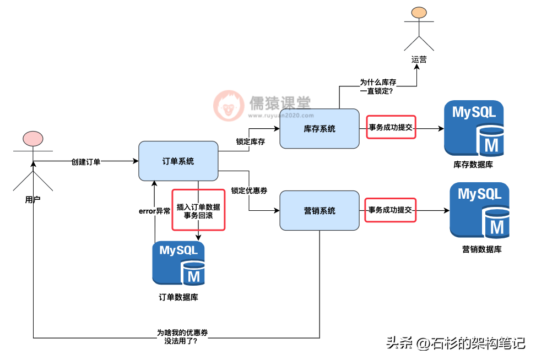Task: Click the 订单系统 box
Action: point(178,161)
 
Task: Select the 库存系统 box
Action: point(320,128)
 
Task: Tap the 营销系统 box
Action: point(320,210)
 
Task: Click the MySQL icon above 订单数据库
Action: point(178,263)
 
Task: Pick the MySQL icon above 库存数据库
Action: point(473,128)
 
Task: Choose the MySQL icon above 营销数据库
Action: point(479,210)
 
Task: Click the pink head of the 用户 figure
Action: point(33,139)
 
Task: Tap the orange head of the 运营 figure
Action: point(419,13)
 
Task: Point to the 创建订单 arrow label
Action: point(86,161)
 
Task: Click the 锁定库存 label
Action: point(251,141)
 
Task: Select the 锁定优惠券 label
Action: point(249,190)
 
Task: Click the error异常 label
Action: point(154,211)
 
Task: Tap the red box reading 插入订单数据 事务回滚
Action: point(198,210)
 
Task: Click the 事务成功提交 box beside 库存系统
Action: point(391,127)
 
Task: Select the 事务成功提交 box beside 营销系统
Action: point(391,210)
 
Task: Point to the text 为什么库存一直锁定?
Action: point(378,86)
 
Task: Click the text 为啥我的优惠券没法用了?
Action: point(182,336)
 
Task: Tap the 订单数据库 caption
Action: point(178,297)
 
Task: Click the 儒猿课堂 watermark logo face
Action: point(229,106)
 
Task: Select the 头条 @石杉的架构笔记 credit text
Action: point(456,343)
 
